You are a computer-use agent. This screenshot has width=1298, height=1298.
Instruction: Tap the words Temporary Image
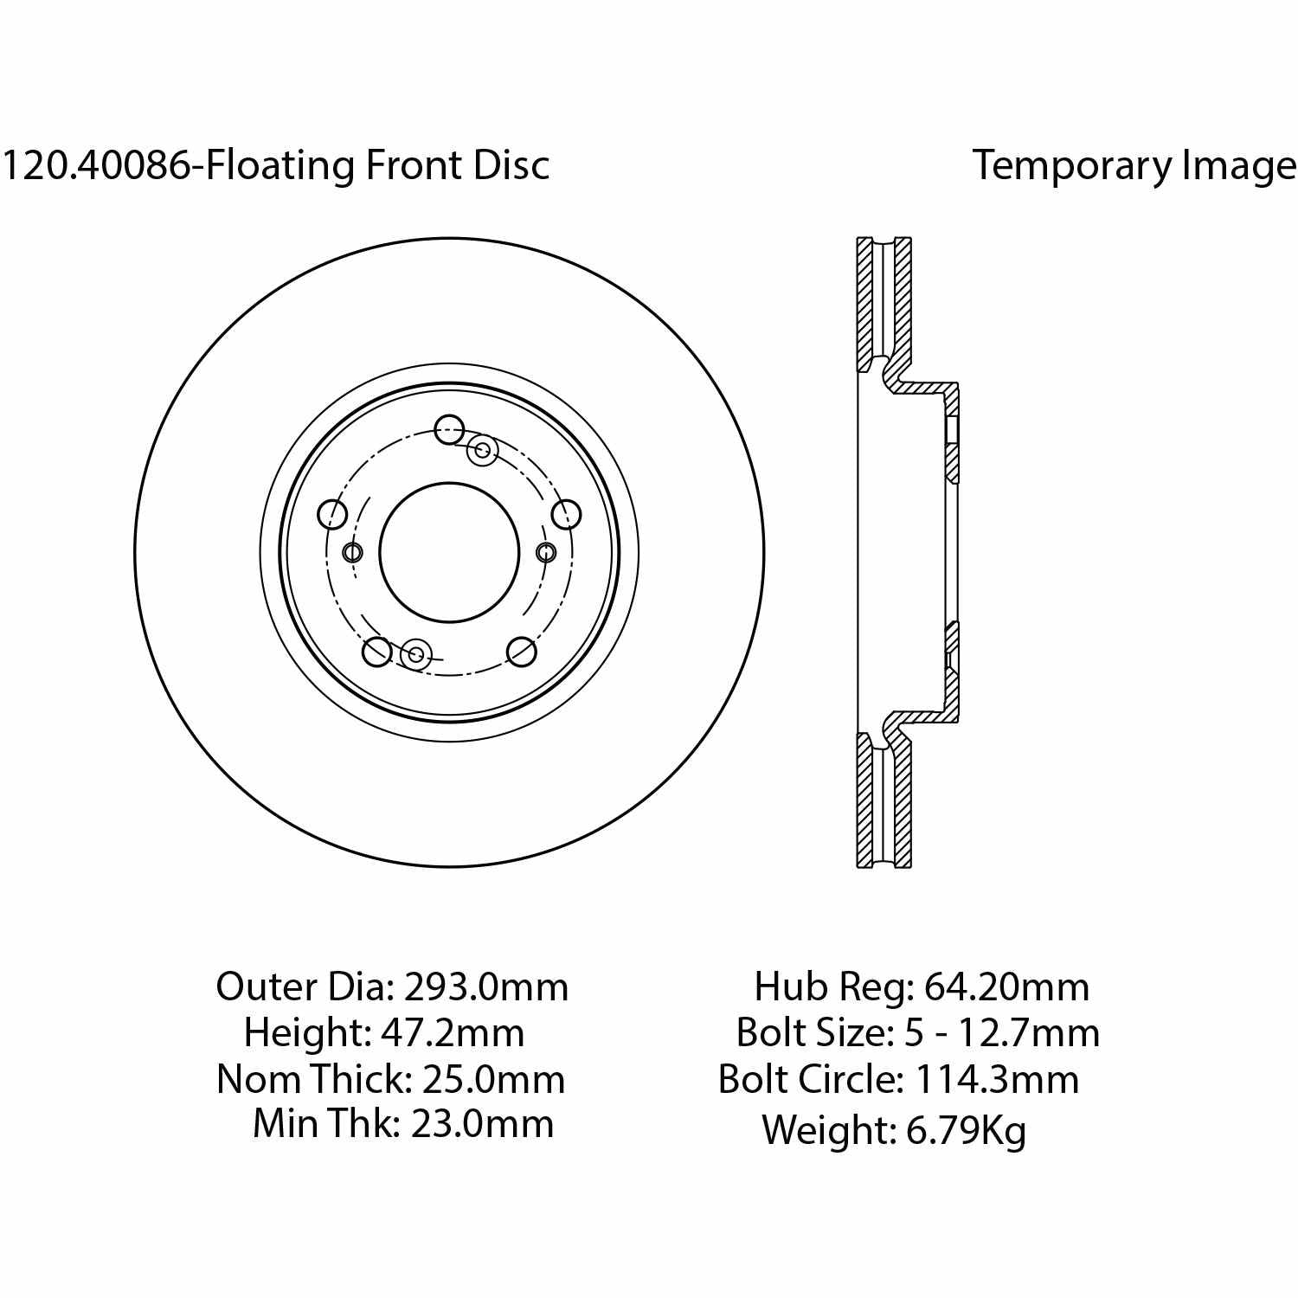click(1134, 164)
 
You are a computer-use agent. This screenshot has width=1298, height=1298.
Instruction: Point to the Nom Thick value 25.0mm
click(493, 1079)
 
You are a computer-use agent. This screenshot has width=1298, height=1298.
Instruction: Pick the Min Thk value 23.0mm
click(482, 1124)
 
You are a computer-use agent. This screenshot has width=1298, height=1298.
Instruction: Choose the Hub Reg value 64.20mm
click(1006, 986)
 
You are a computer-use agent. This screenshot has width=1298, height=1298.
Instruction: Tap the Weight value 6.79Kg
click(966, 1130)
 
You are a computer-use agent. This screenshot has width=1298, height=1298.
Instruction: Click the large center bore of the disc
click(449, 552)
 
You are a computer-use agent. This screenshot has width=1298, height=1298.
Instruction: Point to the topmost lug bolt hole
click(449, 428)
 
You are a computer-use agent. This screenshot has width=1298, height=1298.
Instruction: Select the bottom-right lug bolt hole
click(521, 652)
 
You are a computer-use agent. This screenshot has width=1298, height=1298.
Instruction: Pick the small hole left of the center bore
click(353, 552)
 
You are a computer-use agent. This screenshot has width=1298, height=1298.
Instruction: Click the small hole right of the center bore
click(546, 552)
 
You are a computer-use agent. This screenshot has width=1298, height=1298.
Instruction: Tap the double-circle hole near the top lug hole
click(483, 450)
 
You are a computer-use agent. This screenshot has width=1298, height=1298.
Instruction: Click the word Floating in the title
click(280, 165)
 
